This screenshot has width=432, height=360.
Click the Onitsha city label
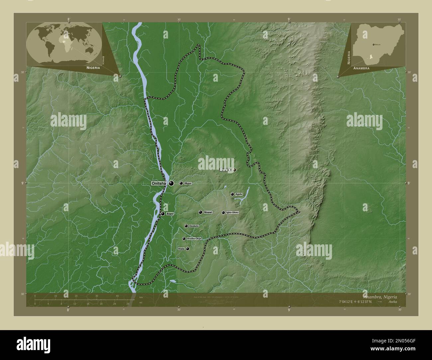[x=159, y=183]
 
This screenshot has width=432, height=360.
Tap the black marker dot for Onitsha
[x=171, y=183]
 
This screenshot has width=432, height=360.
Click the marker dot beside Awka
[x=235, y=170]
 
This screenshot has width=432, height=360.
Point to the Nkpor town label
[x=188, y=183]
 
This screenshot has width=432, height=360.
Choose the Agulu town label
[x=239, y=194]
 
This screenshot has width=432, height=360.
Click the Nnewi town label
[x=208, y=212]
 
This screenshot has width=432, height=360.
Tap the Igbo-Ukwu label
[x=232, y=212]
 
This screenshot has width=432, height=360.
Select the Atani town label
[x=170, y=214]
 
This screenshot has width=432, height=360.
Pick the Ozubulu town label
[x=194, y=226]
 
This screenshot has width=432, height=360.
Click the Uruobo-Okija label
[x=194, y=238]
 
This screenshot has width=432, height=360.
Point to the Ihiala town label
[x=181, y=248]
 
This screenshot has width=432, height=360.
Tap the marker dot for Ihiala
[x=188, y=248]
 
